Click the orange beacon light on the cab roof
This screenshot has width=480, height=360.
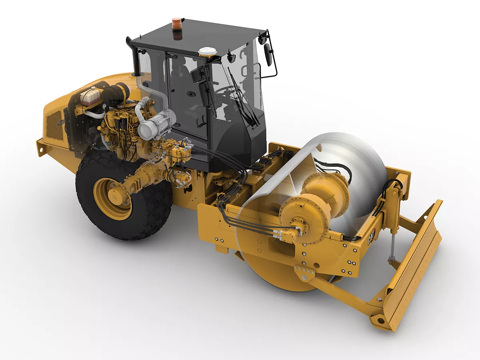click(177, 28)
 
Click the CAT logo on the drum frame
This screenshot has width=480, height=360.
click(372, 236)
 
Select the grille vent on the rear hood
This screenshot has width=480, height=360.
click(55, 126)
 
